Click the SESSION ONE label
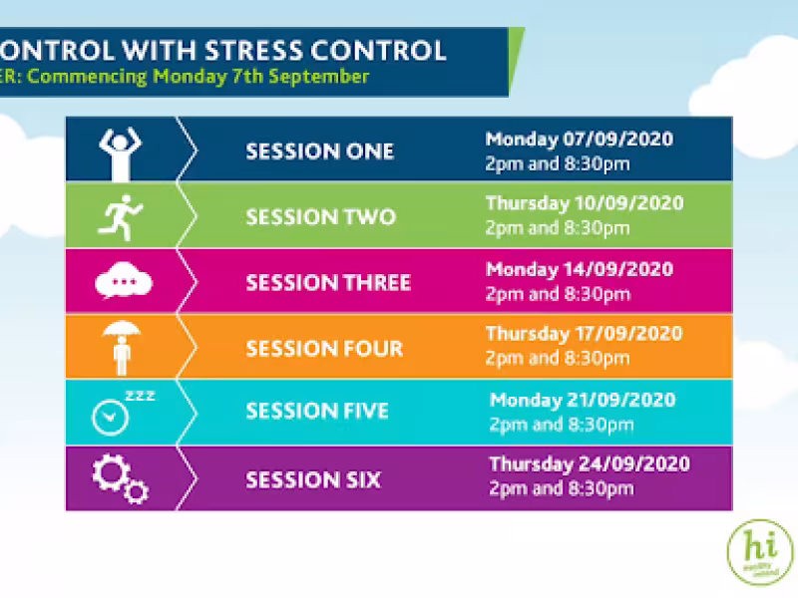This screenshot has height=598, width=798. pos(319,151)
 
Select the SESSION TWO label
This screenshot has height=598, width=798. pos(320,216)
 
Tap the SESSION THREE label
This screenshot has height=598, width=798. pos(328,282)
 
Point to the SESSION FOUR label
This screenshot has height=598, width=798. pos(324,348)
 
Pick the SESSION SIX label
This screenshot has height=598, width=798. pos(313,479)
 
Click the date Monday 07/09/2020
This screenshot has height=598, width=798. pos(579,139)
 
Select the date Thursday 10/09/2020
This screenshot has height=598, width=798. pos(585,203)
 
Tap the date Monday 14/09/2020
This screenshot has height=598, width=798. pos(579,269)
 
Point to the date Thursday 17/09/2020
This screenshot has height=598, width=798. pos(585,334)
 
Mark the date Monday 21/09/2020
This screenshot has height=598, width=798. pos(583,400)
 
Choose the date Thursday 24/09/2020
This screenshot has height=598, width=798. pos(589,464)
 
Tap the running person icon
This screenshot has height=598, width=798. pos(121,216)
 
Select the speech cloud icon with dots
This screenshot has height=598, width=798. pos(124,282)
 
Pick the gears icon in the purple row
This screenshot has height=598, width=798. pos(120,479)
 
